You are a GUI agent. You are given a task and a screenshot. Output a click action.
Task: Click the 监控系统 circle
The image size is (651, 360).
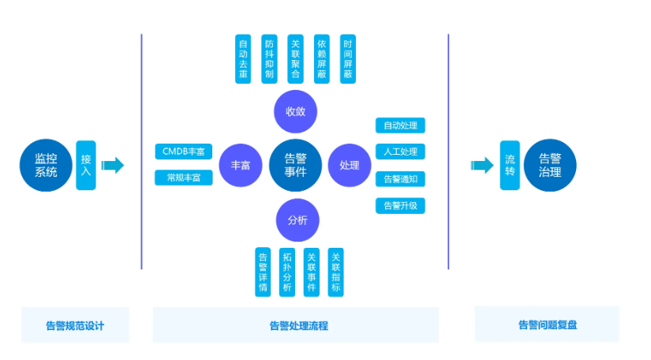pyautogui.click(x=47, y=165)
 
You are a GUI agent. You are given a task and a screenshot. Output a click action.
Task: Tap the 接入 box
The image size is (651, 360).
pyautogui.click(x=86, y=165)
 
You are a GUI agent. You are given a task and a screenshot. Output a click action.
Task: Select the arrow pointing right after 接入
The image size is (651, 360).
pyautogui.click(x=113, y=165)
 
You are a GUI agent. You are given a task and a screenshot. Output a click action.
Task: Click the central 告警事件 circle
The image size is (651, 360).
pyautogui.click(x=294, y=164)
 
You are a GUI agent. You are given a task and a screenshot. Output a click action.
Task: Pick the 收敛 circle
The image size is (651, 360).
pyautogui.click(x=295, y=111)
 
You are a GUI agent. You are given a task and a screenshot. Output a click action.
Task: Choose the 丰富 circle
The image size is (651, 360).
pyautogui.click(x=241, y=165)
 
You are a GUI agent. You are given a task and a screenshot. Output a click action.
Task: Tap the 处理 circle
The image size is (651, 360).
pyautogui.click(x=349, y=165)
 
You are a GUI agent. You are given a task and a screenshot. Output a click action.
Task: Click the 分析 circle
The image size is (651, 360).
pyautogui.click(x=297, y=218)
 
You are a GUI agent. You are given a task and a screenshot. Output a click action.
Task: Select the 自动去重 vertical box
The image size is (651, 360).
pyautogui.click(x=244, y=58)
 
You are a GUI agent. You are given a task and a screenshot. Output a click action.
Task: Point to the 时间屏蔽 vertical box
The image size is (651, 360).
pyautogui.click(x=347, y=58)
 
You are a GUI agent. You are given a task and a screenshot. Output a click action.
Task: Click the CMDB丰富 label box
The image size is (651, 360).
pyautogui.click(x=183, y=151)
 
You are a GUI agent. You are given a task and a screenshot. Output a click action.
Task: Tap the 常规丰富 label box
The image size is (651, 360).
pyautogui.click(x=183, y=178)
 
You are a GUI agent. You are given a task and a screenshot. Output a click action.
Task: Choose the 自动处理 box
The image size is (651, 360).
pyautogui.click(x=400, y=126)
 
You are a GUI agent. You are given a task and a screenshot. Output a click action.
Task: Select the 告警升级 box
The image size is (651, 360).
pyautogui.click(x=400, y=205)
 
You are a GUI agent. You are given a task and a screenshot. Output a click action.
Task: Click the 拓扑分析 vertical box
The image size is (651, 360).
pyautogui.click(x=286, y=272)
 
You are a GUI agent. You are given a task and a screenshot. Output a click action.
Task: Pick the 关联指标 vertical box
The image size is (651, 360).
pyautogui.click(x=336, y=272)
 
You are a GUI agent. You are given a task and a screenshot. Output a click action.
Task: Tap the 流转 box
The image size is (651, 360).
pyautogui.click(x=510, y=165)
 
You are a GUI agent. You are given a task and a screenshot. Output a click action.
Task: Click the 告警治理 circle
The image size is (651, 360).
pyautogui.click(x=550, y=165)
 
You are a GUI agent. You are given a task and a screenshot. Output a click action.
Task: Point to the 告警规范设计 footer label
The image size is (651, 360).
pyautogui.click(x=75, y=324)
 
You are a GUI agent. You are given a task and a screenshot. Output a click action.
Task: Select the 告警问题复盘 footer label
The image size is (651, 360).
pyautogui.click(x=547, y=324)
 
